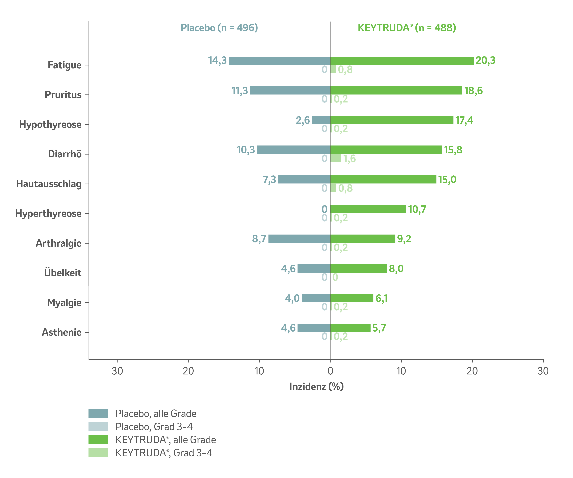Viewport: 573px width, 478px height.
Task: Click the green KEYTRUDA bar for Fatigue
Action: (402, 61)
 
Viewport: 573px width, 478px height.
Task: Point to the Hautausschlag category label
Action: (49, 184)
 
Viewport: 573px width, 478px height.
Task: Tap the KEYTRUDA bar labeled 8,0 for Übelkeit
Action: (358, 268)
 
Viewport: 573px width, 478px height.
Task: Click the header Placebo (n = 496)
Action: (219, 28)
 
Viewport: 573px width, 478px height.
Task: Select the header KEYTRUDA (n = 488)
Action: (407, 28)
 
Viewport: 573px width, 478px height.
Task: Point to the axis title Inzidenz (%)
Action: (316, 387)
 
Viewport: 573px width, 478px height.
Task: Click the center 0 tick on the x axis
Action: (330, 371)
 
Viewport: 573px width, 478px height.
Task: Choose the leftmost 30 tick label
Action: (117, 371)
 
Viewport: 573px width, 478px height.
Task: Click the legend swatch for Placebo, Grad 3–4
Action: (98, 426)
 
